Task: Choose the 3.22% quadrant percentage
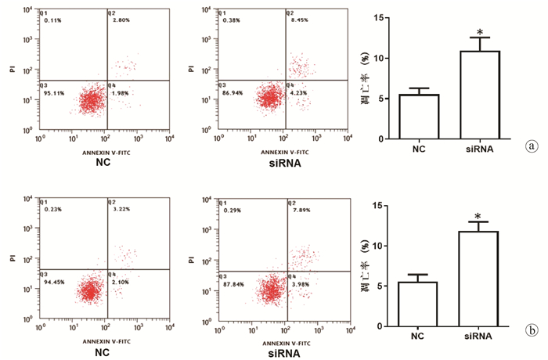(x=119, y=211)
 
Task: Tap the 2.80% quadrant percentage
(x=120, y=21)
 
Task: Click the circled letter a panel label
(x=532, y=146)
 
